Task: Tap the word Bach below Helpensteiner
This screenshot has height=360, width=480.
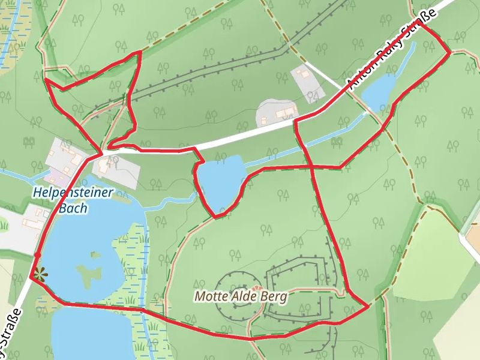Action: (x=73, y=208)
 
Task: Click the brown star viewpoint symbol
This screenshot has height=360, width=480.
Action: (x=40, y=275)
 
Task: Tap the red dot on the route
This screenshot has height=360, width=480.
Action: (x=37, y=255)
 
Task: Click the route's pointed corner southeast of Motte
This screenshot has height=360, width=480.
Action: (x=368, y=307)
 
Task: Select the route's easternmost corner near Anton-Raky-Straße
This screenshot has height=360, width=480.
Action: (x=450, y=53)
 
